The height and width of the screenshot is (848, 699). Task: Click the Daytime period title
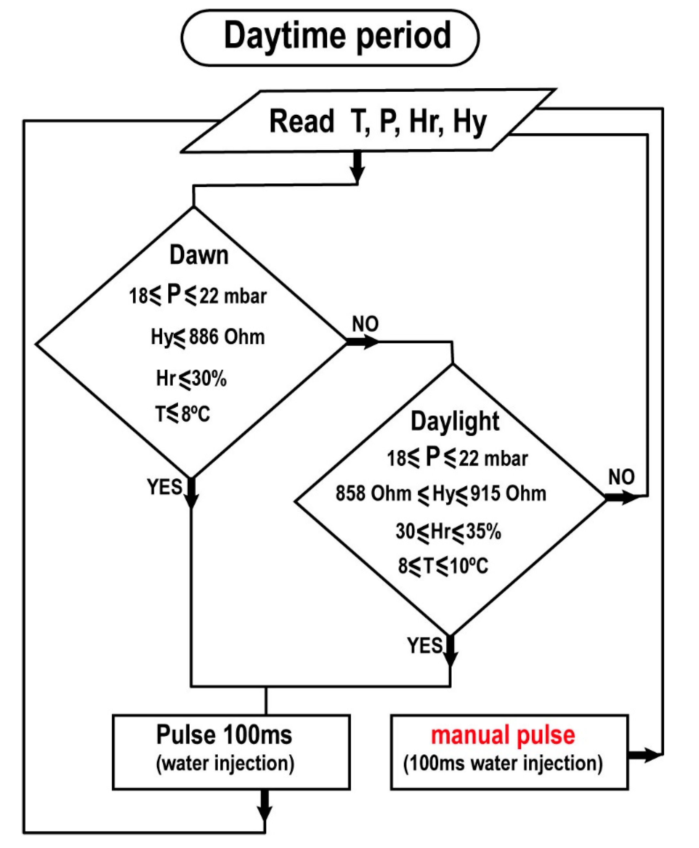click(338, 36)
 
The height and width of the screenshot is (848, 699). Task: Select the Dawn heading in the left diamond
click(199, 255)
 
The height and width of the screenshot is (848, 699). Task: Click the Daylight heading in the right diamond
click(455, 422)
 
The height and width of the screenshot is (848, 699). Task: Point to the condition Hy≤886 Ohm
click(208, 337)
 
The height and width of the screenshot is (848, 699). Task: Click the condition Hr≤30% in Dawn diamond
click(191, 379)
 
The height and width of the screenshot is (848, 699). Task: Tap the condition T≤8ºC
click(183, 414)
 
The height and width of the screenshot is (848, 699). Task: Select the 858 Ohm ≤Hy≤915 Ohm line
click(441, 494)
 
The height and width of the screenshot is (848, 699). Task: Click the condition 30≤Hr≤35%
click(448, 531)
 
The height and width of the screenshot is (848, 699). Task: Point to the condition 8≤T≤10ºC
click(443, 566)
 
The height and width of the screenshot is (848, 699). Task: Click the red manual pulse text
click(503, 735)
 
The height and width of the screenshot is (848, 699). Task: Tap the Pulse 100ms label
click(224, 735)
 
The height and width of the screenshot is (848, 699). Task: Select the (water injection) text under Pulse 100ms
click(225, 763)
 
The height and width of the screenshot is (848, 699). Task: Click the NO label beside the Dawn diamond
click(365, 324)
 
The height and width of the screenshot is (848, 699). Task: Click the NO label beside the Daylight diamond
click(621, 477)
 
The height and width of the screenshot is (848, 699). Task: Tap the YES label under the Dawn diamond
click(164, 487)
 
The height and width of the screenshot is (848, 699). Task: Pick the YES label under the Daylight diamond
click(425, 645)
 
